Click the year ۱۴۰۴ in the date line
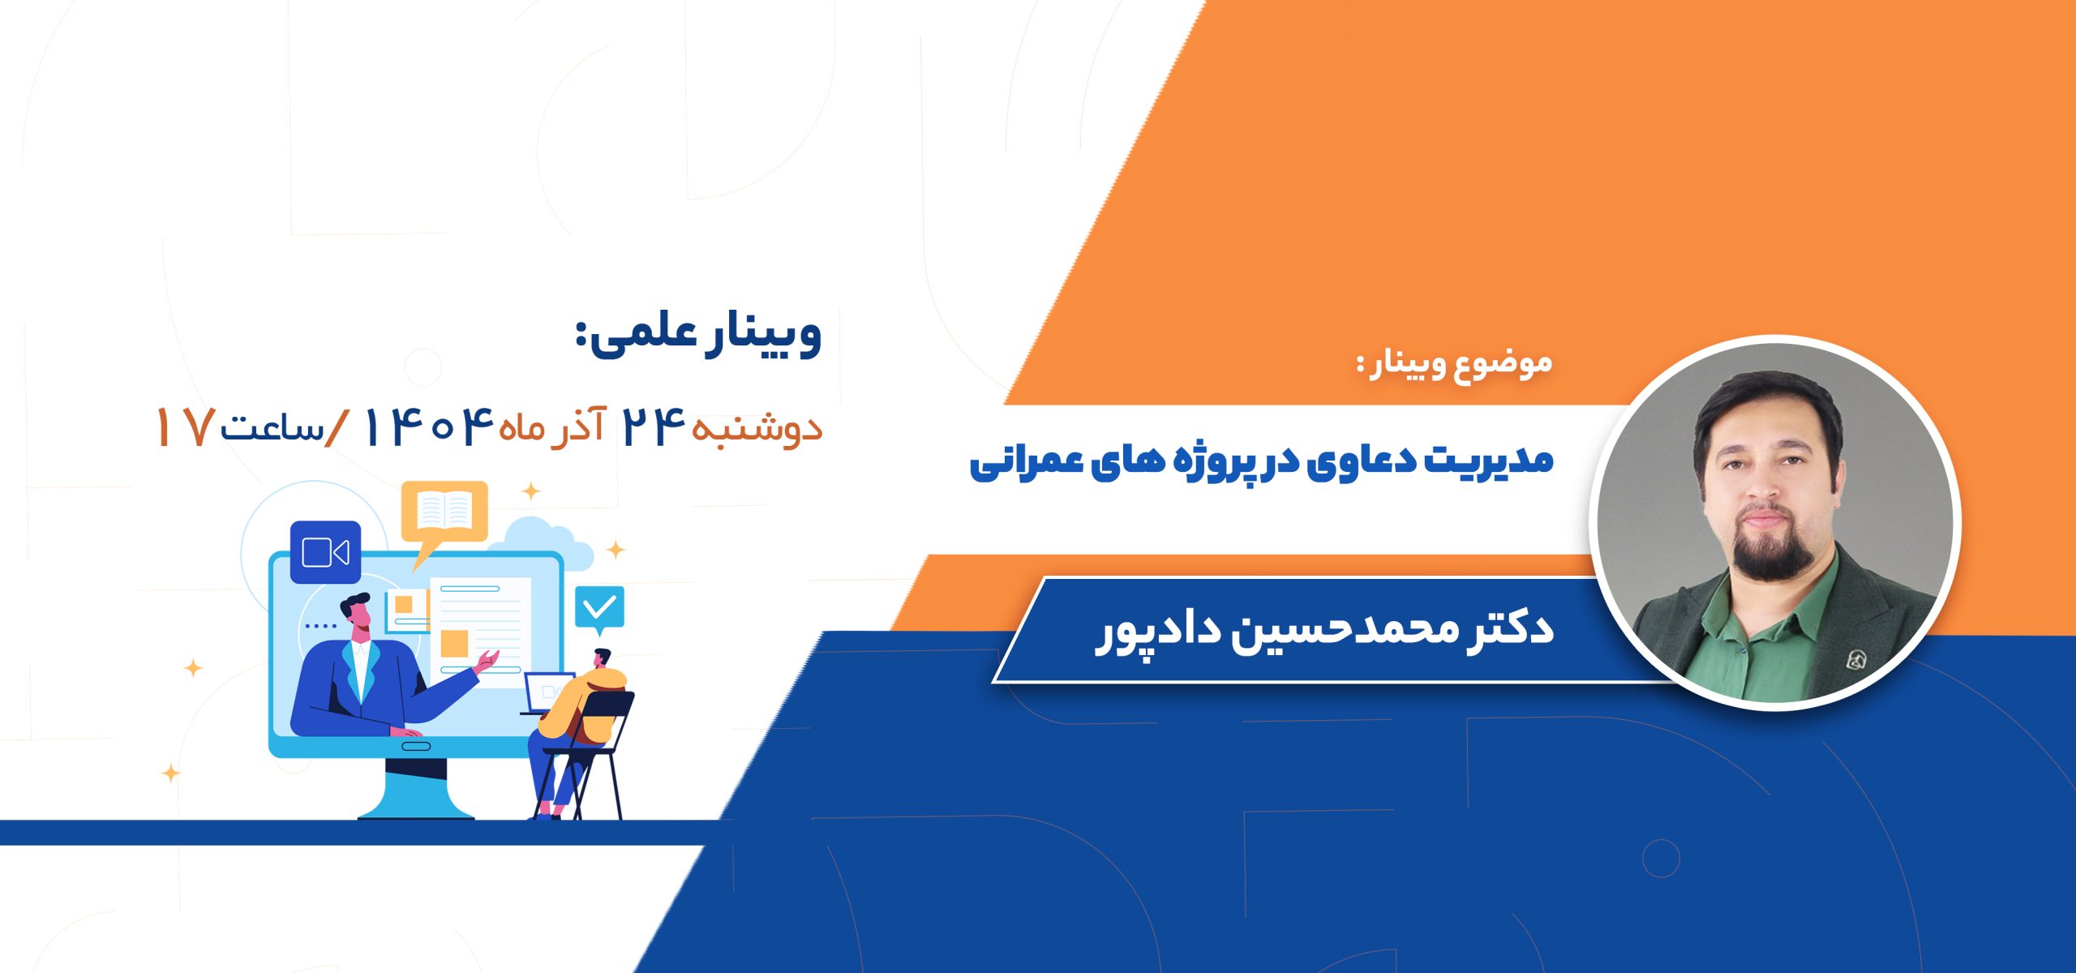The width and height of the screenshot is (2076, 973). [x=429, y=426]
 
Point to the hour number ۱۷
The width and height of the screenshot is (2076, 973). [x=185, y=427]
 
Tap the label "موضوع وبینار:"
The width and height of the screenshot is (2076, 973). [x=1455, y=364]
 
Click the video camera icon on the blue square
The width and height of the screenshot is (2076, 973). [x=325, y=553]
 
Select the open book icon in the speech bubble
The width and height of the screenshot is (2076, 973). [x=444, y=511]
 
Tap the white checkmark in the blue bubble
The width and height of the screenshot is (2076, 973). [x=600, y=607]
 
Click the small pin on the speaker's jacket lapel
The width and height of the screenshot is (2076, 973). [x=1855, y=659]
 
